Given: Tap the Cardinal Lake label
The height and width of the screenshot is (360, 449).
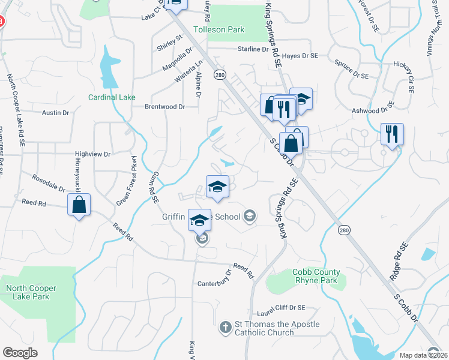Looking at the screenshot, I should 112,97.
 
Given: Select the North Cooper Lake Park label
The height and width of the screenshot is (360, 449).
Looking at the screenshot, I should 31,292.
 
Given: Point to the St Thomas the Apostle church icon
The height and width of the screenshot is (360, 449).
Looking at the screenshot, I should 224,328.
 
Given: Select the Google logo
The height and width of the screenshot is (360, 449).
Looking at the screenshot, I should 20,353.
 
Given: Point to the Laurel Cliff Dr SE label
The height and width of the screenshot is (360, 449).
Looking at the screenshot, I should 282,308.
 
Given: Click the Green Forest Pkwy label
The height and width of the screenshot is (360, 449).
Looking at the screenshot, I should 127,180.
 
